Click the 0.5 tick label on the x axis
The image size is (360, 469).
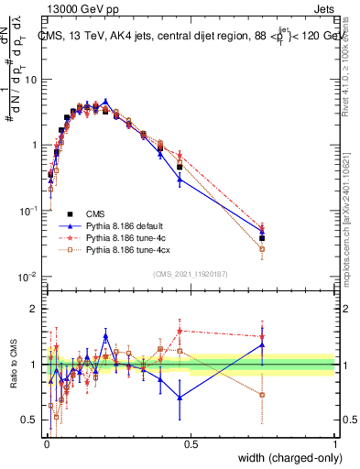point(191,444)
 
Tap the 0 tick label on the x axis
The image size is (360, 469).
point(46,444)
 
